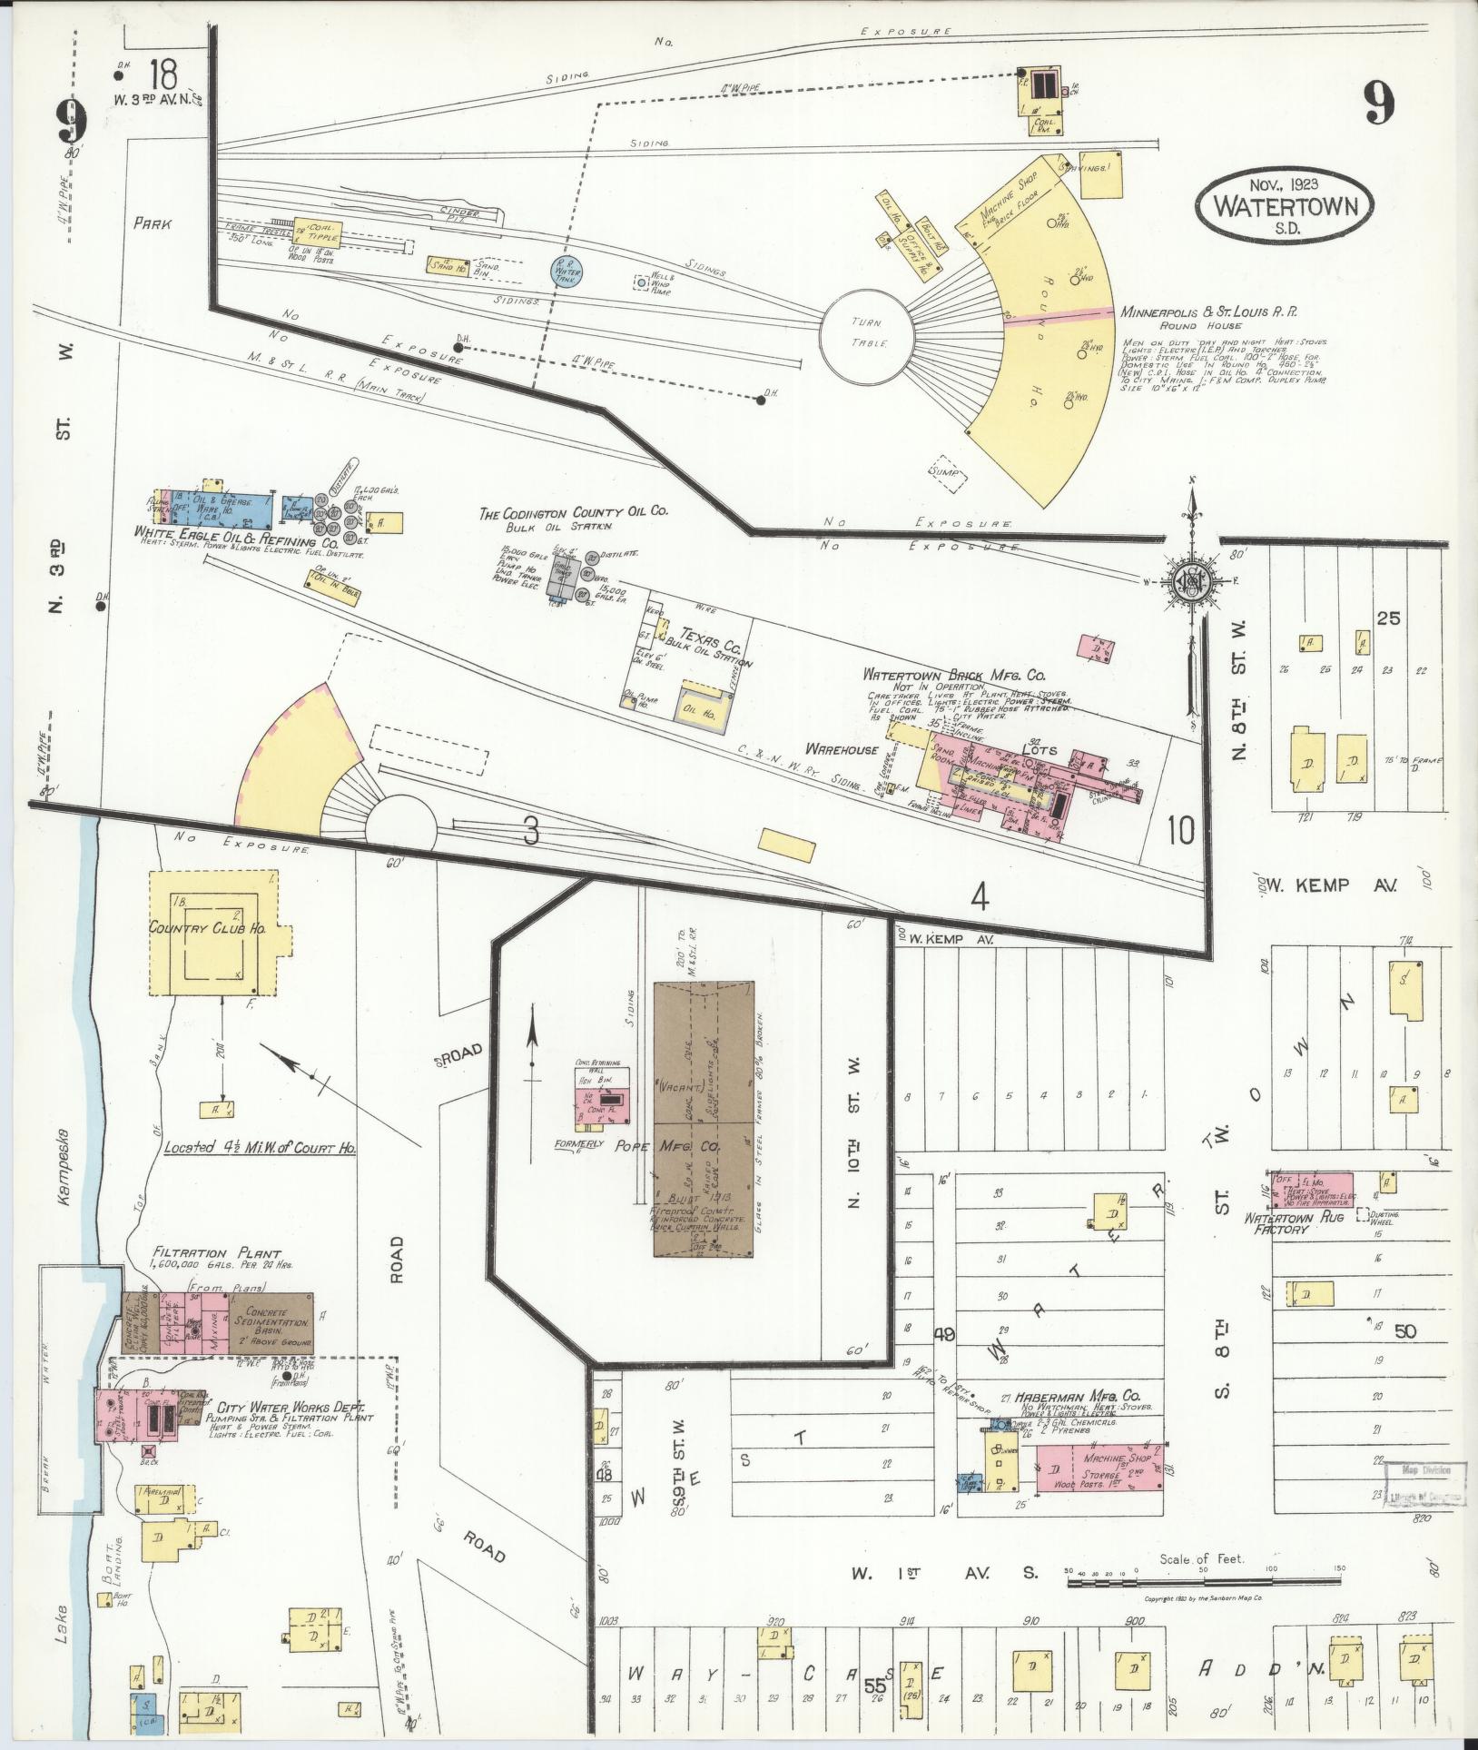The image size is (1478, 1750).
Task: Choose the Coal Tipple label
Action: tap(324, 232)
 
